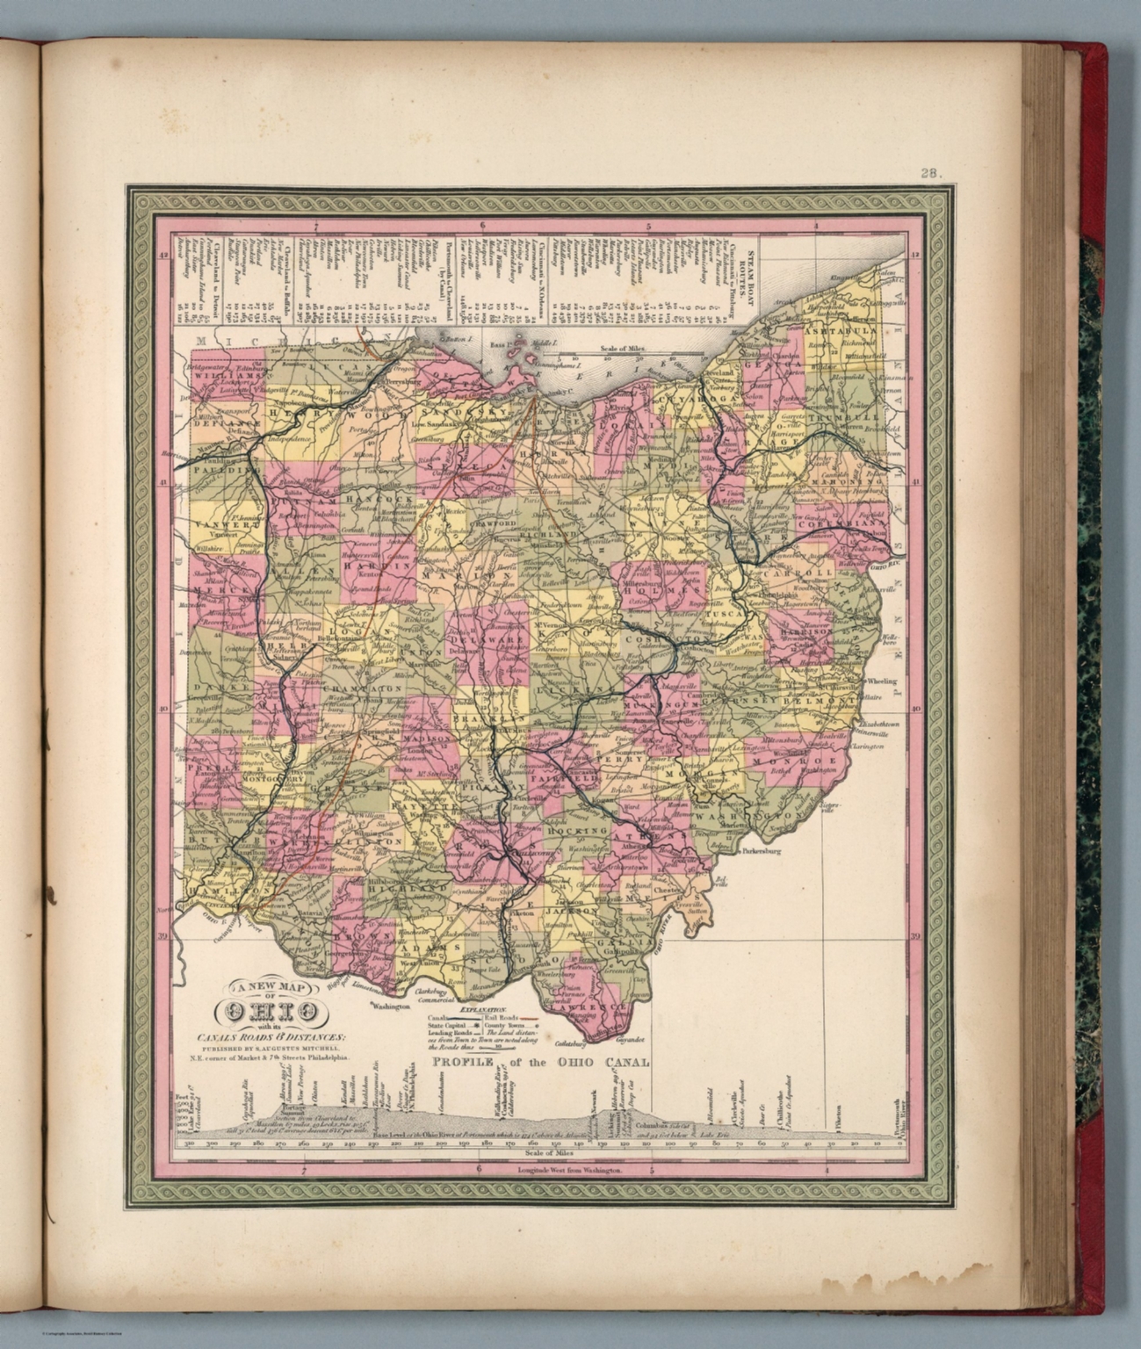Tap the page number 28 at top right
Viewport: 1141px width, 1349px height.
tap(930, 173)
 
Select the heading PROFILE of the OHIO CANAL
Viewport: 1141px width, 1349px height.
tap(539, 1062)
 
